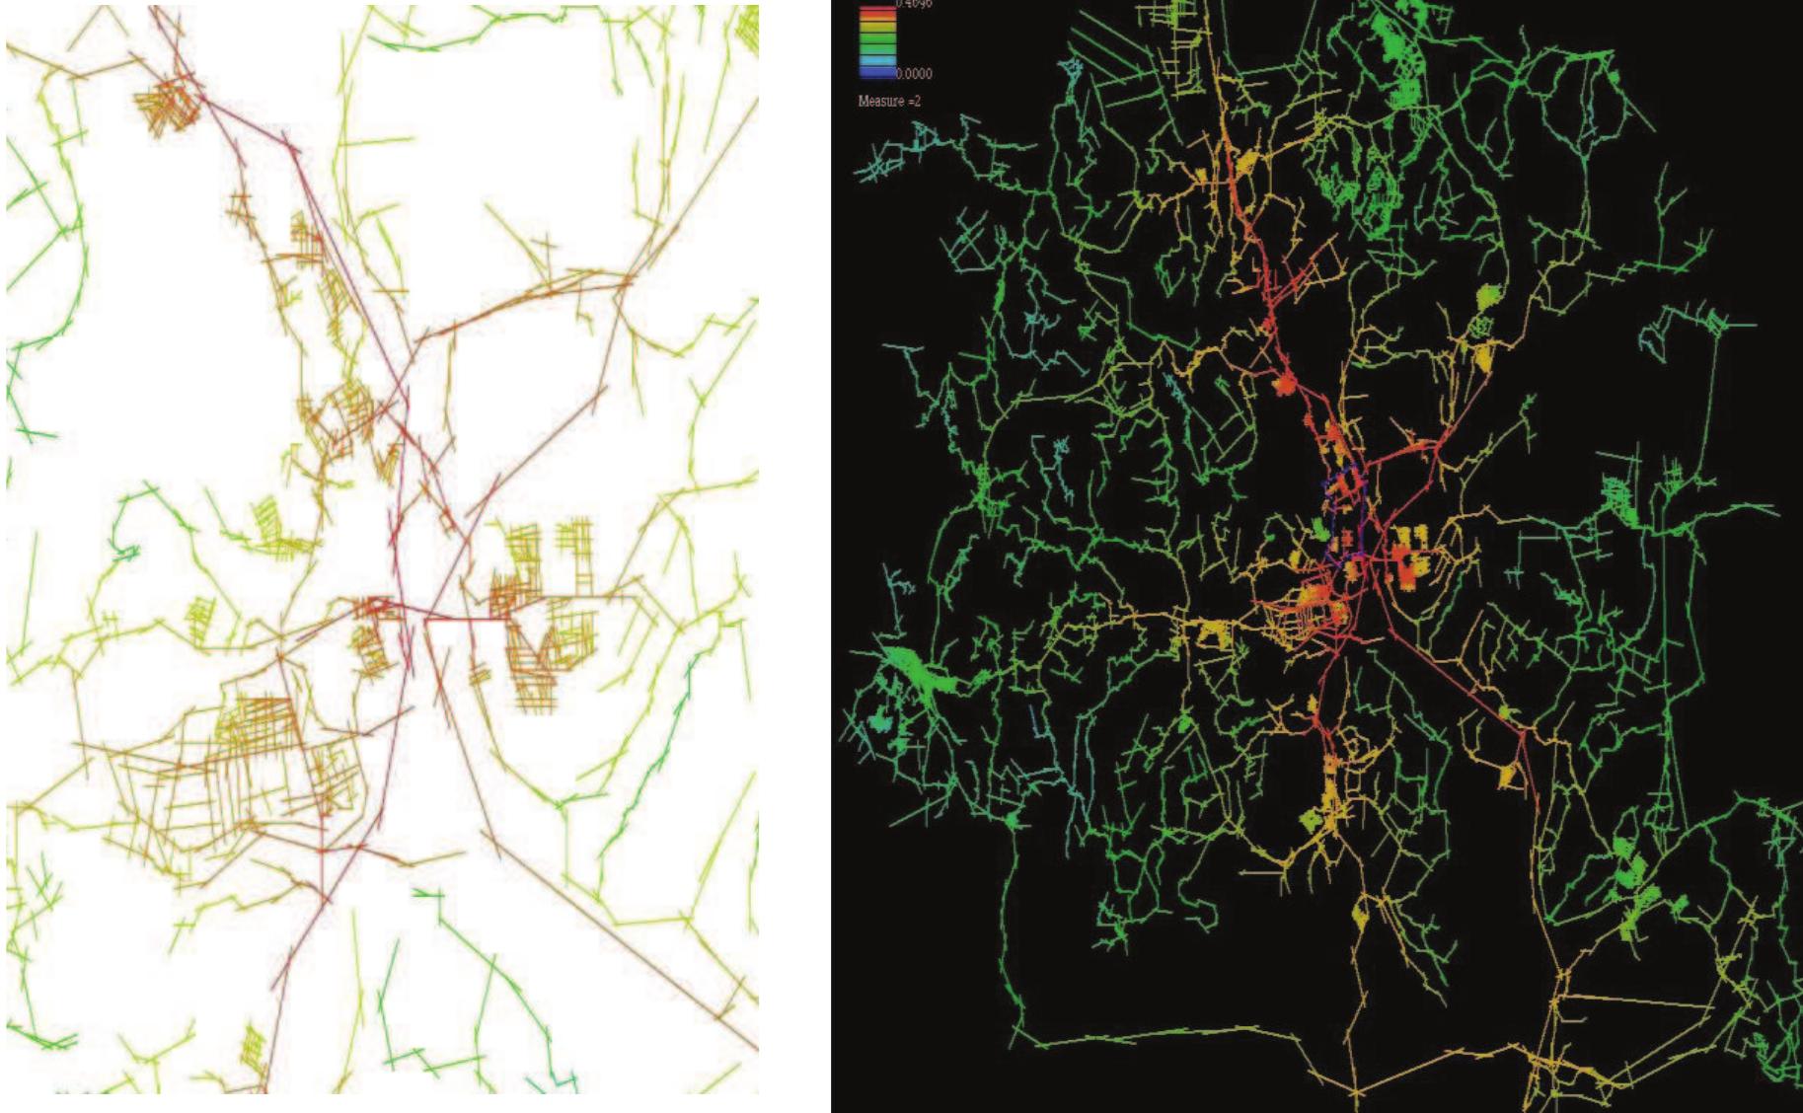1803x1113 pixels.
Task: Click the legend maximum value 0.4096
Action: point(914,4)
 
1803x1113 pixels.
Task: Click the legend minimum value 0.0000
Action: point(914,73)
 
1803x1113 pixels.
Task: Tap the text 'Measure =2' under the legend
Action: point(889,101)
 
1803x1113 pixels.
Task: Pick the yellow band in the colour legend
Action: point(877,27)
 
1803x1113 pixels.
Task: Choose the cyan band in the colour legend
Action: point(877,60)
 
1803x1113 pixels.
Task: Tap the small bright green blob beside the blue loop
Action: point(1319,531)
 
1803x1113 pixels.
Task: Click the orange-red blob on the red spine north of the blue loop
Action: point(1284,384)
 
